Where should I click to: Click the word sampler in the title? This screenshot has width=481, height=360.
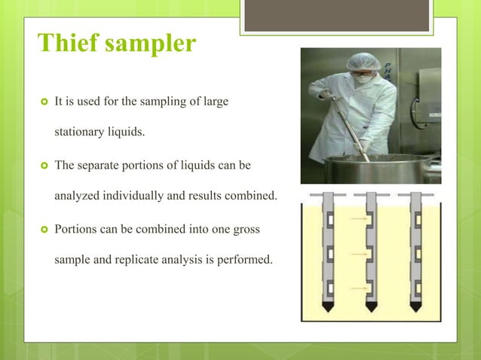151,45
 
